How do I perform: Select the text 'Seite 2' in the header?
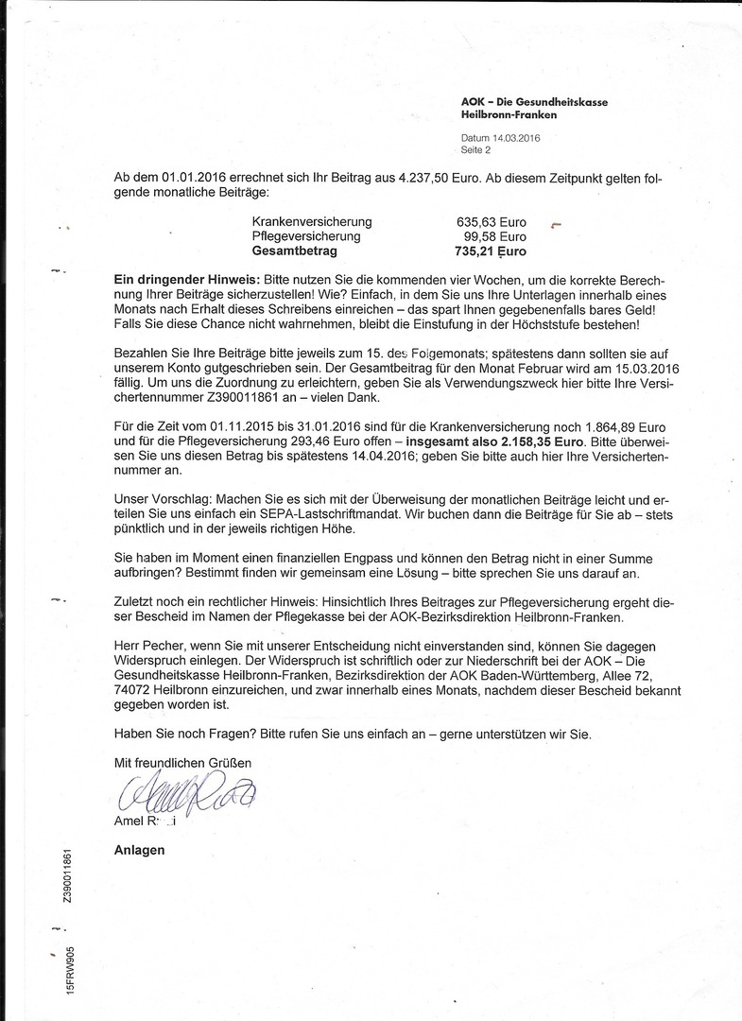pyautogui.click(x=475, y=149)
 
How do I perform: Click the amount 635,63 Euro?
pyautogui.click(x=492, y=221)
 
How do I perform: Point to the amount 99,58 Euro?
pyautogui.click(x=494, y=236)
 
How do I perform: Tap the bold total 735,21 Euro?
pyautogui.click(x=491, y=251)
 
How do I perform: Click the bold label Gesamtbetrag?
pyautogui.click(x=294, y=251)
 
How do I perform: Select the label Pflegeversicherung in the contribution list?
pyautogui.click(x=306, y=236)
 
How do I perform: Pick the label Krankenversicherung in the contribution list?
pyautogui.click(x=312, y=221)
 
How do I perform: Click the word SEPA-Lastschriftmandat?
pyautogui.click(x=349, y=516)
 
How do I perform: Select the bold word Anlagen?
pyautogui.click(x=139, y=850)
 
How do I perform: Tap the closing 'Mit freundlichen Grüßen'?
pyautogui.click(x=182, y=762)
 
